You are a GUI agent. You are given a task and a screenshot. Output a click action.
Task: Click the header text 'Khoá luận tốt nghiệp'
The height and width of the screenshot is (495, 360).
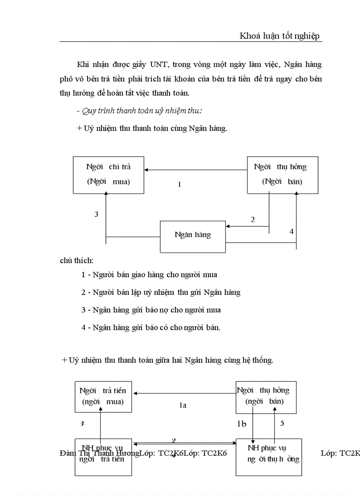[x=280, y=36]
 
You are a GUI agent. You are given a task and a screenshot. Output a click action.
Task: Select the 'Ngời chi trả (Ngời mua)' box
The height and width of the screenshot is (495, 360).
[x=109, y=175]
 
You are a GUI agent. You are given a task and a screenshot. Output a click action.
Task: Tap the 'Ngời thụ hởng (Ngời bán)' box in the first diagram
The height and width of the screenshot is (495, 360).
[x=282, y=175]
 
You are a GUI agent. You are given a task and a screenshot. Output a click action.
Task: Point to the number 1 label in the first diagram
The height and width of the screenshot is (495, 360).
[x=180, y=185]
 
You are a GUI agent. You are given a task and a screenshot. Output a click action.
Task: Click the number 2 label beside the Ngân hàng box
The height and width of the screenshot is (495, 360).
[x=252, y=220]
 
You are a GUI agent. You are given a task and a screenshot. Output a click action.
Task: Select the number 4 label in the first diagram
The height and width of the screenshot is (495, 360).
[x=291, y=231]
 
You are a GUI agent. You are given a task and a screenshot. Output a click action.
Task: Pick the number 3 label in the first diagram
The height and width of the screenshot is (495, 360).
[x=96, y=215]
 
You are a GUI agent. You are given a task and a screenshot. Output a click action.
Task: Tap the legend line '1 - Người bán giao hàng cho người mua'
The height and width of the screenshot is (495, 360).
[x=149, y=275]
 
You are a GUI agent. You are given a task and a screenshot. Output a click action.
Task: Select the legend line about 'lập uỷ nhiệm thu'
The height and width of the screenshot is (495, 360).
[x=161, y=292]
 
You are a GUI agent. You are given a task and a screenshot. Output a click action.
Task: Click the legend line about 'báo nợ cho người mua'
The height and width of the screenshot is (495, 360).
[x=151, y=310]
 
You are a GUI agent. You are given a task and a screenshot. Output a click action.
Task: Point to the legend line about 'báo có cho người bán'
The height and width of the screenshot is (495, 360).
[x=151, y=328]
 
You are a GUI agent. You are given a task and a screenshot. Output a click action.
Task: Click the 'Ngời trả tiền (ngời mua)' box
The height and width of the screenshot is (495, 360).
[x=103, y=395]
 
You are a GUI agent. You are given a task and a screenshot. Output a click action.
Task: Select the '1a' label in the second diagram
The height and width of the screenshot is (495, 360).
[x=183, y=405]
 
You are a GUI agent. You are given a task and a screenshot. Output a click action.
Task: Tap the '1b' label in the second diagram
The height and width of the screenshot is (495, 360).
[x=242, y=424]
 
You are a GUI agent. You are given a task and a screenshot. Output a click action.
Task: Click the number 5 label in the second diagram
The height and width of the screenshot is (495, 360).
[x=282, y=424]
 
